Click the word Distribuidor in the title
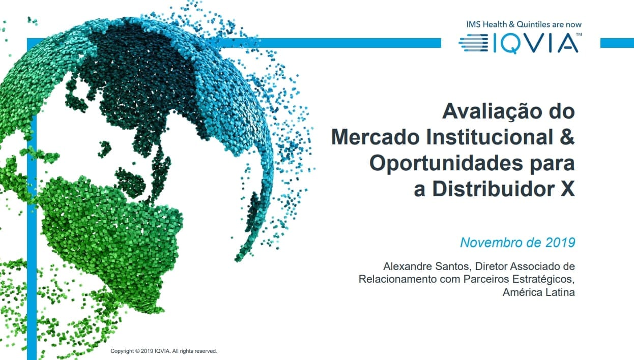[x=494, y=189]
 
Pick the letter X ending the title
[x=568, y=190]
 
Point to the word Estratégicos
[x=543, y=279]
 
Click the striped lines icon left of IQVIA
[x=473, y=43]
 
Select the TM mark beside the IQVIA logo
[x=579, y=35]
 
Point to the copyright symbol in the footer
[x=137, y=351]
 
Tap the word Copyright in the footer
[x=122, y=351]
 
